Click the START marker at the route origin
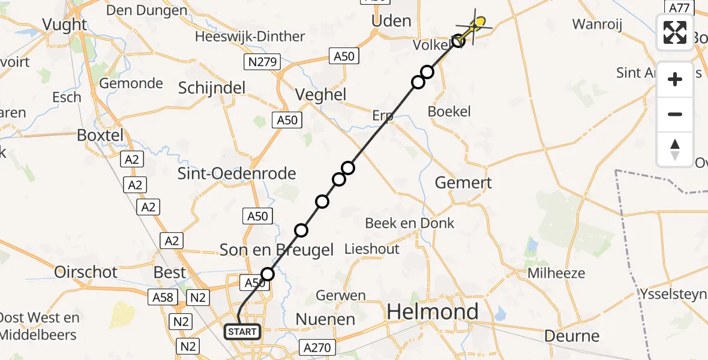242,331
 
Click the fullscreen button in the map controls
675,32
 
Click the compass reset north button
675,149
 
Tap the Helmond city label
433,311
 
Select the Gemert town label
463,183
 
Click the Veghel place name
321,95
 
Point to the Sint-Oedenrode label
236,174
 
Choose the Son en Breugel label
277,250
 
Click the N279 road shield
260,61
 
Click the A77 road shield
679,7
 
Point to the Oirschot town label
86,272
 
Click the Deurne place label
572,336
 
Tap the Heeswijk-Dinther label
250,37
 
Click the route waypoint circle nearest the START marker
268,274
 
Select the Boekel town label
449,112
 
